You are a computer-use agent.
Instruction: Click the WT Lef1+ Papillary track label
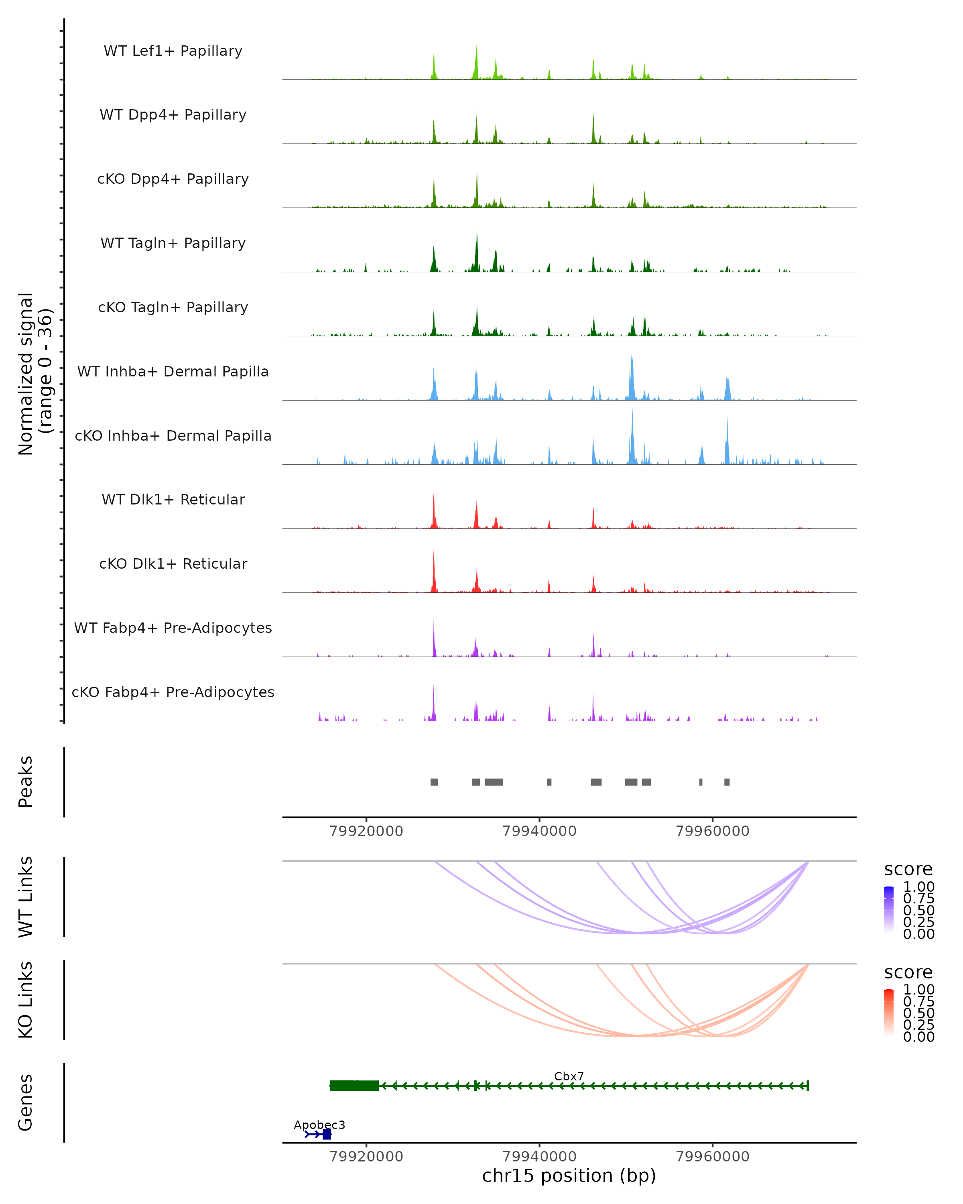click(173, 51)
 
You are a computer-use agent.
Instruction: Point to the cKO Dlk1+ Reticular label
click(173, 563)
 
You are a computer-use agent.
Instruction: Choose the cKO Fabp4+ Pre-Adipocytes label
click(173, 692)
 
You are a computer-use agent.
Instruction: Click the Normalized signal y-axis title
click(35, 374)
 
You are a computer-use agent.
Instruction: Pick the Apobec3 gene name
click(319, 1125)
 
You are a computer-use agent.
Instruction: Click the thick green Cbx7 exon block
click(354, 1086)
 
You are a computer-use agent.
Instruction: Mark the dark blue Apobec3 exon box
click(327, 1134)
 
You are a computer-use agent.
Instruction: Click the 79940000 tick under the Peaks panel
click(539, 831)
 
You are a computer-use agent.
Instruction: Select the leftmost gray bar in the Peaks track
click(434, 782)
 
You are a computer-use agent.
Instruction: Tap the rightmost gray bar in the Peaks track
click(727, 782)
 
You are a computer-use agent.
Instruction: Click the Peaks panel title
click(26, 781)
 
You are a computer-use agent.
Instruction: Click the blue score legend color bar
click(889, 909)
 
